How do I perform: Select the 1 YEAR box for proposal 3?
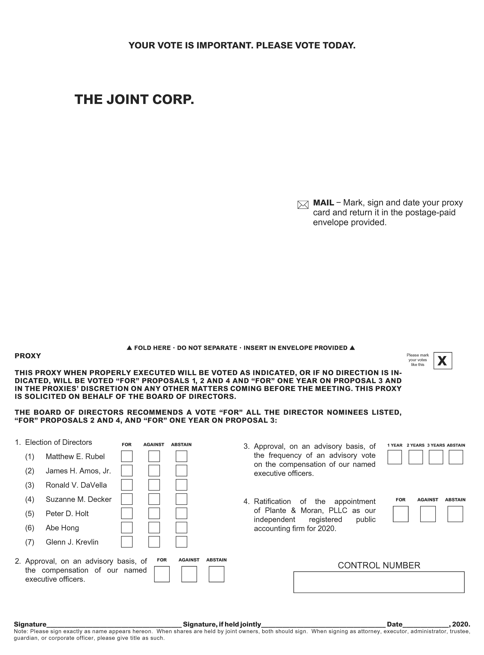click(x=395, y=457)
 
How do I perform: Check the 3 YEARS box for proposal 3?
click(x=436, y=457)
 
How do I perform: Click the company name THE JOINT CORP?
click(x=134, y=100)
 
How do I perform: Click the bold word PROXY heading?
click(x=28, y=356)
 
